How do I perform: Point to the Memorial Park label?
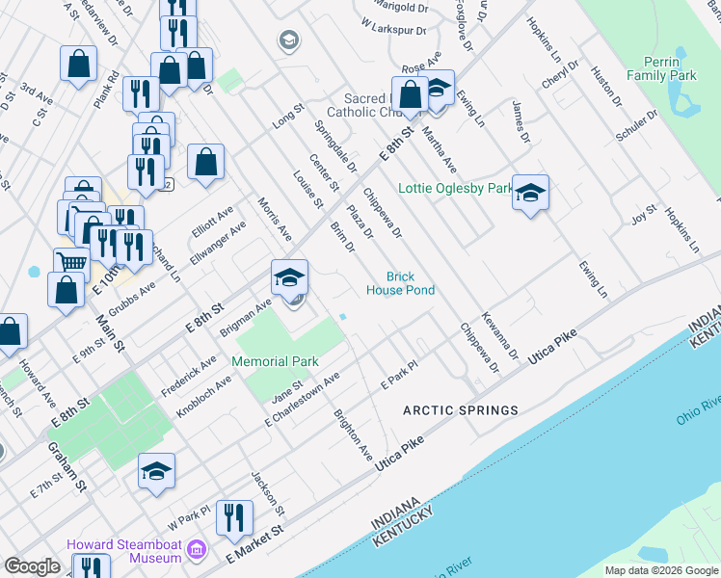tap(275, 361)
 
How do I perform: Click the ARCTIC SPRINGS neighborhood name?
tap(460, 410)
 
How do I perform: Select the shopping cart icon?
tap(71, 262)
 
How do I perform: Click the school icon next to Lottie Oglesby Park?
tap(530, 193)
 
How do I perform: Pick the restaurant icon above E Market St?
tap(234, 517)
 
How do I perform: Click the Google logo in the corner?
tap(32, 566)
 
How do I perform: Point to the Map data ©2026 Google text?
tap(661, 570)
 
